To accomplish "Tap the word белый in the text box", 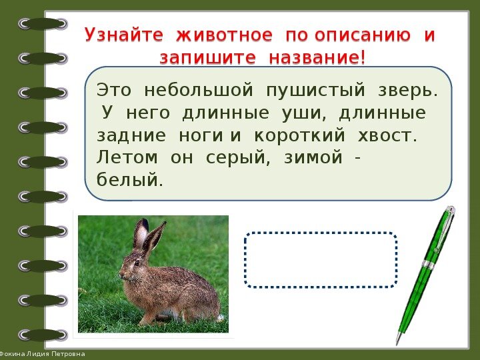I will point(129,180).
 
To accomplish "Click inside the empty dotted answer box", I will point(321,260).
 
